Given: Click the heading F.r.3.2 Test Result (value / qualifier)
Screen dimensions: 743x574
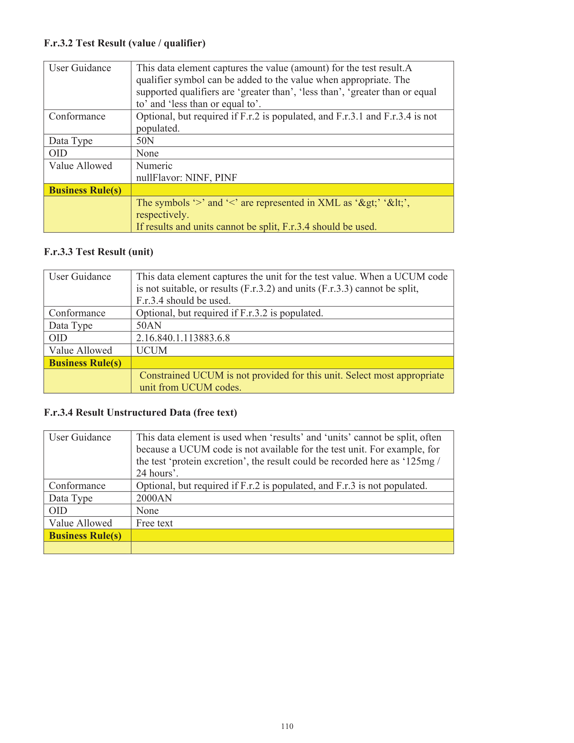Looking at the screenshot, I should [x=125, y=43].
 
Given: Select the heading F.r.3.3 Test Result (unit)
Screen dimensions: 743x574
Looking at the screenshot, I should [x=98, y=252].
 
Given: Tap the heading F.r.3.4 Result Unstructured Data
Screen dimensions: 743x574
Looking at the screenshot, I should [x=140, y=412].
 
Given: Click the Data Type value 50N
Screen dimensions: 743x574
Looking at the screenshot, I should [x=145, y=141].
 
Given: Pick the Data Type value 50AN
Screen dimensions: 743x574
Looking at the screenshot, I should [x=149, y=325].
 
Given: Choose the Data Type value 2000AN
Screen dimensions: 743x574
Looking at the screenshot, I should [x=154, y=498].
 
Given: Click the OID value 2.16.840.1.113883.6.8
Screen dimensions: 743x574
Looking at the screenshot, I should [x=183, y=338].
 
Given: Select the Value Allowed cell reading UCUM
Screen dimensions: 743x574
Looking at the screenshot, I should [x=152, y=350].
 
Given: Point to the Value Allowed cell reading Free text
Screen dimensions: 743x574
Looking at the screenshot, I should [x=154, y=523].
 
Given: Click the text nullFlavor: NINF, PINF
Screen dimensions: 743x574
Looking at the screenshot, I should [x=187, y=178].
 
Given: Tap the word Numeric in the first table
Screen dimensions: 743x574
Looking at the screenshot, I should [x=154, y=166].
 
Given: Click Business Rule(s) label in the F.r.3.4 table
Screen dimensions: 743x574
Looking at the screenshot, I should [x=85, y=535].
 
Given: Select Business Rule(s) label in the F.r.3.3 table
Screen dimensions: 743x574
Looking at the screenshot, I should [x=85, y=363].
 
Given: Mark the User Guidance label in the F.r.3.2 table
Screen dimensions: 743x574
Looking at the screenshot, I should [x=80, y=68].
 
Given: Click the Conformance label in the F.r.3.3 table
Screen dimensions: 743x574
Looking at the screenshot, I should [x=77, y=313].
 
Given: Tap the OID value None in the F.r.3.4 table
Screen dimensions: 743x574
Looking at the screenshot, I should [x=147, y=511].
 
